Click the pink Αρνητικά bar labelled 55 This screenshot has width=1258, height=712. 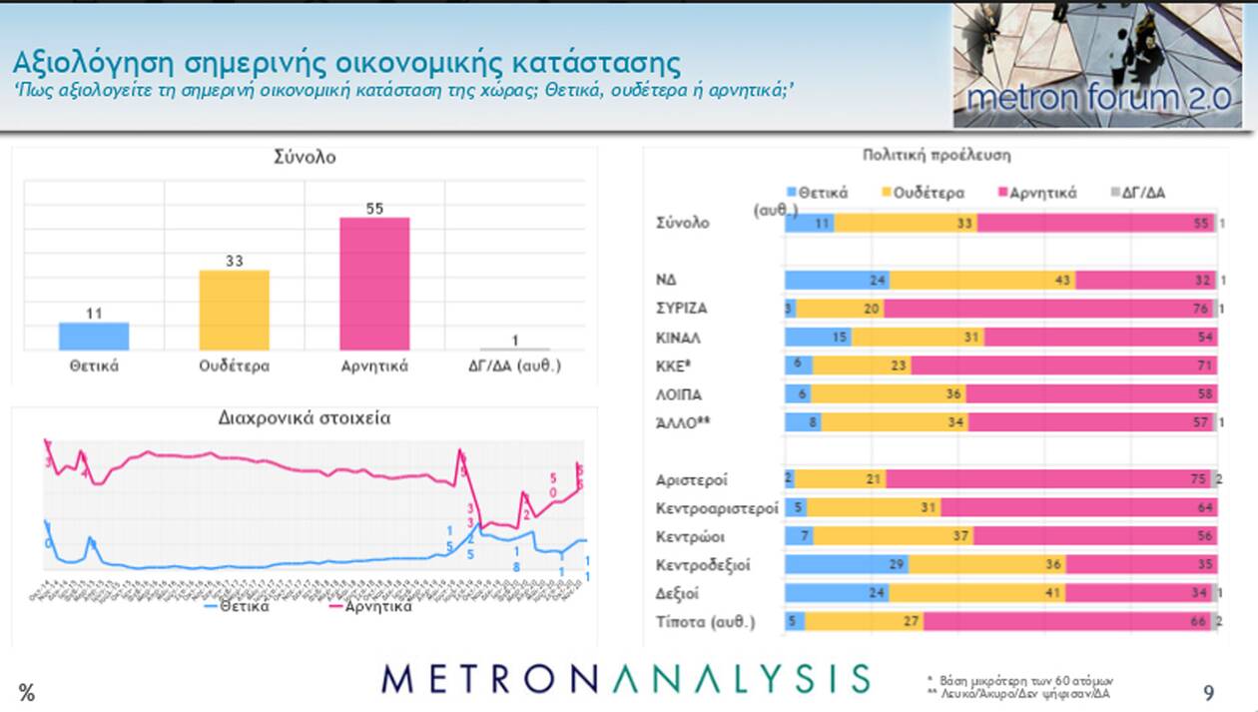374,283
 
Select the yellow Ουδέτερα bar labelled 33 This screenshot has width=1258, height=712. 235,310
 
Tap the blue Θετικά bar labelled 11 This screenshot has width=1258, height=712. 94,336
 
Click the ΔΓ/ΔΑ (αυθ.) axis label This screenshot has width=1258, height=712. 514,365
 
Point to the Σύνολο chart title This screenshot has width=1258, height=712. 305,157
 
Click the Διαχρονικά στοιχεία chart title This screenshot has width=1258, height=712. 305,417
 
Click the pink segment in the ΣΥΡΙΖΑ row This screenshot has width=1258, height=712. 1048,309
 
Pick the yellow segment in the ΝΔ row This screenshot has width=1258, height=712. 981,281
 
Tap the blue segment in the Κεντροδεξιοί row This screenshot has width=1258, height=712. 847,565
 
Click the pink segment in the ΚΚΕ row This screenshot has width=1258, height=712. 1063,366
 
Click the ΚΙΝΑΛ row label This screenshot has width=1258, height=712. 676,338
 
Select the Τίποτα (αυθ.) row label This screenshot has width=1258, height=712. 705,622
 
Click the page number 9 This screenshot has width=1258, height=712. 1208,692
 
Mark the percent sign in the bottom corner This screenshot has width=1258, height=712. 27,693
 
